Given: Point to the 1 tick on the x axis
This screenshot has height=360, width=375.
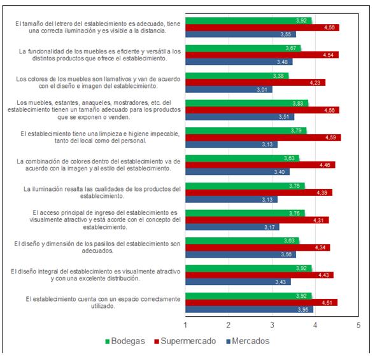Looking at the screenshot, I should click(x=185, y=325).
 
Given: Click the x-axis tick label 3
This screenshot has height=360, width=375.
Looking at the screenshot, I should click(x=272, y=325).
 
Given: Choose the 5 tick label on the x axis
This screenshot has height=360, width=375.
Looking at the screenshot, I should click(x=358, y=325).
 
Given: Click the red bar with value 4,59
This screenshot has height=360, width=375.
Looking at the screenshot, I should click(x=263, y=137).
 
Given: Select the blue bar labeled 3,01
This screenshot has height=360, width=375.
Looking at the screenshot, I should click(x=229, y=89).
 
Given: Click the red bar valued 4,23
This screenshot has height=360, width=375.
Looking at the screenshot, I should click(x=255, y=82).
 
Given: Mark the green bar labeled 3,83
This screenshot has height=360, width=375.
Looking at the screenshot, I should click(x=246, y=103).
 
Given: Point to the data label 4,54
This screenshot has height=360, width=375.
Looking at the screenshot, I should click(x=329, y=55).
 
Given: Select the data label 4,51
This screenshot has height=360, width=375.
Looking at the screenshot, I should click(x=328, y=302).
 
